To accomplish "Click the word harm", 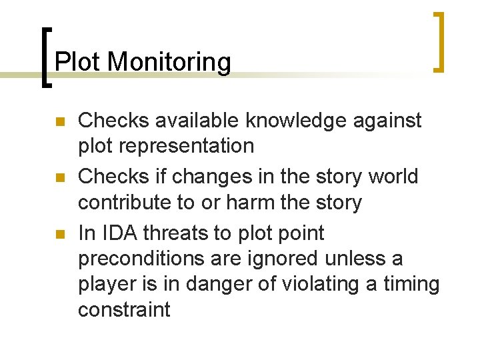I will (x=255, y=202).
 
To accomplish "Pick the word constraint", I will (x=124, y=309).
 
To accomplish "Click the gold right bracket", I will (x=438, y=41).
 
